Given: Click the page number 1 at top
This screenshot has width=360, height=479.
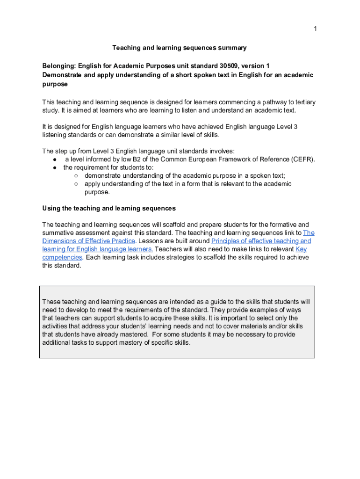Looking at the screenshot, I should [315, 29].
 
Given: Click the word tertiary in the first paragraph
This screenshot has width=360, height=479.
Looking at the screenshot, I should [300, 102].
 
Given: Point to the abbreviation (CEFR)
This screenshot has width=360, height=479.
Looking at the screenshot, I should [303, 159].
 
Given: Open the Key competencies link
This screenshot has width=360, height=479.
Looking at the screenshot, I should [301, 249].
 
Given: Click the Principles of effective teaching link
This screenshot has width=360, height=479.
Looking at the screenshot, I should [261, 241].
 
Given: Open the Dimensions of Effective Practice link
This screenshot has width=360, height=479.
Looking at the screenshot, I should [89, 241].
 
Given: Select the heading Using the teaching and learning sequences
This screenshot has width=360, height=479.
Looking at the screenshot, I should [109, 208].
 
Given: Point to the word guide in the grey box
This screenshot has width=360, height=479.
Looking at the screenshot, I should [216, 302].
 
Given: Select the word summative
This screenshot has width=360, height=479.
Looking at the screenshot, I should [58, 233].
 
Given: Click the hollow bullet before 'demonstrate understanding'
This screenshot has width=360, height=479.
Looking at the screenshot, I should [76, 176].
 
